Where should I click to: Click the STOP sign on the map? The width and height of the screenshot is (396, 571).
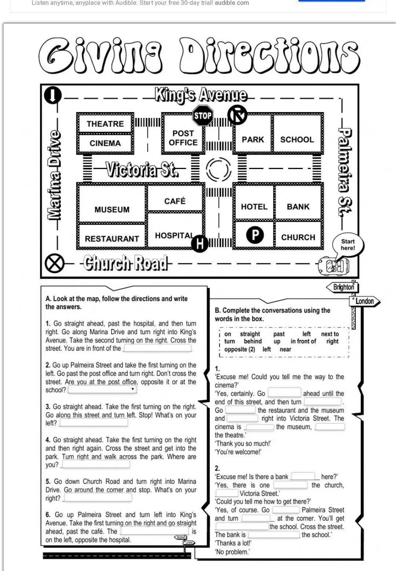tap(203, 116)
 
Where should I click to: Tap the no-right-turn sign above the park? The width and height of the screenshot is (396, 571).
tap(237, 115)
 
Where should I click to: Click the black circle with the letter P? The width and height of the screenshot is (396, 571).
tap(255, 235)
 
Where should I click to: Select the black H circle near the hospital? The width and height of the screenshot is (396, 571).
tap(200, 243)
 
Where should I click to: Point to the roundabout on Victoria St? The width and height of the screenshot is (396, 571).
tap(219, 170)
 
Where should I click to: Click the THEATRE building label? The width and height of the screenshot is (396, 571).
tap(105, 124)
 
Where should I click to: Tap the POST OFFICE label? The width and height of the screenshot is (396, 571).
tap(183, 138)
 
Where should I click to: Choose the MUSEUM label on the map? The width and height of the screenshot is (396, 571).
tap(112, 210)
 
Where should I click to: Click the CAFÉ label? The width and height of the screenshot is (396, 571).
tap(175, 201)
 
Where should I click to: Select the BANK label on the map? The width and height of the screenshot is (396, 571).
tap(298, 207)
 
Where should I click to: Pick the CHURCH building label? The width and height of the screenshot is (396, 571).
tap(298, 237)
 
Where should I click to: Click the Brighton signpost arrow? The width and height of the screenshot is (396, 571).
tap(342, 287)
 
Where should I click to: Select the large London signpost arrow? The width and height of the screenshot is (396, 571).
tap(364, 301)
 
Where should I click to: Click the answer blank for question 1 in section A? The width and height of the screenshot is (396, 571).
tap(157, 349)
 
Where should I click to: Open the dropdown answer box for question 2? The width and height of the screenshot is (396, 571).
tap(102, 390)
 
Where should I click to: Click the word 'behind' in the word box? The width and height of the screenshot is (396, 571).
tap(253, 342)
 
